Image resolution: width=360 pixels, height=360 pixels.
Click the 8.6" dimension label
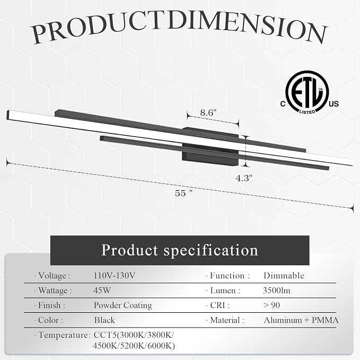pos(208,113)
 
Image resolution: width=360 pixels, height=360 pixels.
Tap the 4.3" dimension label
pos(244,178)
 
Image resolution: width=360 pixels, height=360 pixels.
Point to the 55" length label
pos(183,193)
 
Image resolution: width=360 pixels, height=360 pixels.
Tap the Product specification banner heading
pos(180,250)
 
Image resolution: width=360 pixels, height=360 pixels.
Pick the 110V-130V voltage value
pos(115,276)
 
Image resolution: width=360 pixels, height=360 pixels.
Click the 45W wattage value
pos(102,291)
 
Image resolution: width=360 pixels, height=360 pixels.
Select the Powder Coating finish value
pos(123,305)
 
